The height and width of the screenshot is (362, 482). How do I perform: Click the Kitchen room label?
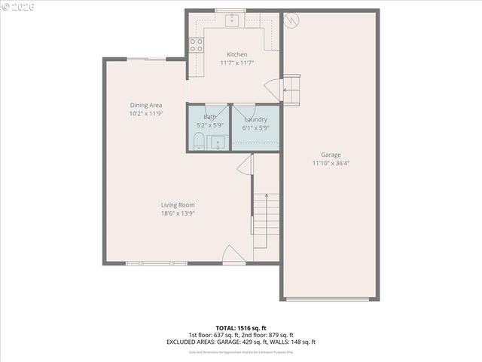point(236,54)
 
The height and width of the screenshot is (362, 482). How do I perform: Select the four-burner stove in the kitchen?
point(197,45)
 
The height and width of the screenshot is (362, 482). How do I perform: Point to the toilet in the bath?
point(199,140)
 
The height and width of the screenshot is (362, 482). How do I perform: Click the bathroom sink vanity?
point(219,142)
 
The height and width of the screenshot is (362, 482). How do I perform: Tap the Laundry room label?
point(255,119)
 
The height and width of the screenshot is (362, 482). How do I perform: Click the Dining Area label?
point(145,105)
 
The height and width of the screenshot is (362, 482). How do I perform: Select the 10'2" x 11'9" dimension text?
point(145,113)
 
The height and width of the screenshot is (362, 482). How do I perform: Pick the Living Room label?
point(178,204)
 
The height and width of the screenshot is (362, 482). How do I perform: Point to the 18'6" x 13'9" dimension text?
point(178,213)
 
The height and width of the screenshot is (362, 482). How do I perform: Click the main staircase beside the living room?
point(266,219)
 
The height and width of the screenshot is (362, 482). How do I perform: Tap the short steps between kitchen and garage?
point(291,87)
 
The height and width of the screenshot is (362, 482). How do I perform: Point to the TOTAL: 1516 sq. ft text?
point(241,328)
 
